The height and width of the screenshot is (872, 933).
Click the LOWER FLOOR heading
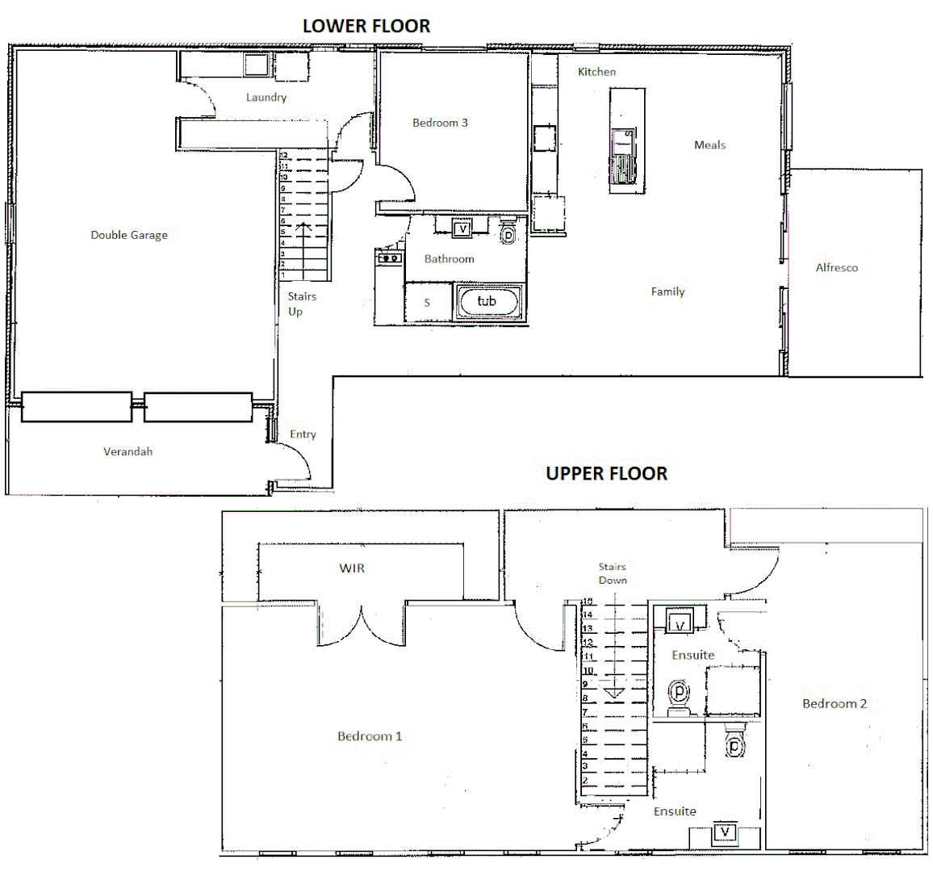pyautogui.click(x=366, y=26)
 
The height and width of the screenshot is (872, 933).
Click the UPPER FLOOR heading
pyautogui.click(x=606, y=473)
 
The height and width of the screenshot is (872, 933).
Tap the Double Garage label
pyautogui.click(x=129, y=235)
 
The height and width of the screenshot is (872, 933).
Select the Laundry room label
pyautogui.click(x=266, y=97)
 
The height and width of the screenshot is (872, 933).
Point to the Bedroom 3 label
pyautogui.click(x=440, y=123)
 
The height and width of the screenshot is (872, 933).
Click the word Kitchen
pyautogui.click(x=596, y=72)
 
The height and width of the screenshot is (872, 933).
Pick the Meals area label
pyautogui.click(x=709, y=145)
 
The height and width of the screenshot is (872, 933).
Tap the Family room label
pyautogui.click(x=667, y=291)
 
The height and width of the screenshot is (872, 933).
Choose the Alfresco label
pyautogui.click(x=836, y=267)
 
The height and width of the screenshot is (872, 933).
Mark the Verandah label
pyautogui.click(x=128, y=451)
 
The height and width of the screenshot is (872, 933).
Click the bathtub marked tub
pyautogui.click(x=487, y=301)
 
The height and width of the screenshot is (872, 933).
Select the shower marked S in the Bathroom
pyautogui.click(x=427, y=303)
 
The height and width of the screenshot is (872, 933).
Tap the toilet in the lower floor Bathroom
pyautogui.click(x=508, y=233)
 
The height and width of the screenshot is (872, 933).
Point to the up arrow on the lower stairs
pyautogui.click(x=303, y=242)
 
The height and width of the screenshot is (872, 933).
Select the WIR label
pyautogui.click(x=352, y=568)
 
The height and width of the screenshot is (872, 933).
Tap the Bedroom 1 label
pyautogui.click(x=370, y=736)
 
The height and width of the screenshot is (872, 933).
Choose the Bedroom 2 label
pyautogui.click(x=835, y=703)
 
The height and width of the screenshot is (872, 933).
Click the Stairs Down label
pyautogui.click(x=613, y=573)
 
